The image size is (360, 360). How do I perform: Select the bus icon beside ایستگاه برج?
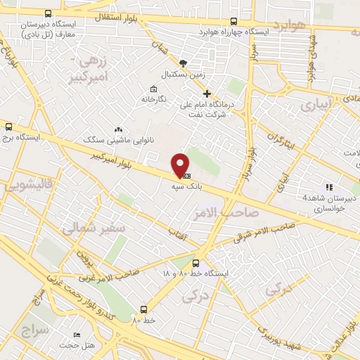8,127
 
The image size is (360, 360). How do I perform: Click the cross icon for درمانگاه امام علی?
206,94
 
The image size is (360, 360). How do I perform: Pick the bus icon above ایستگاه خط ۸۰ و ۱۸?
186,264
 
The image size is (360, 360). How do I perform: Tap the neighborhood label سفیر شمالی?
91,229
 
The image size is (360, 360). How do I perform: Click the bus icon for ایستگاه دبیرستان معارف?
48,13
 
